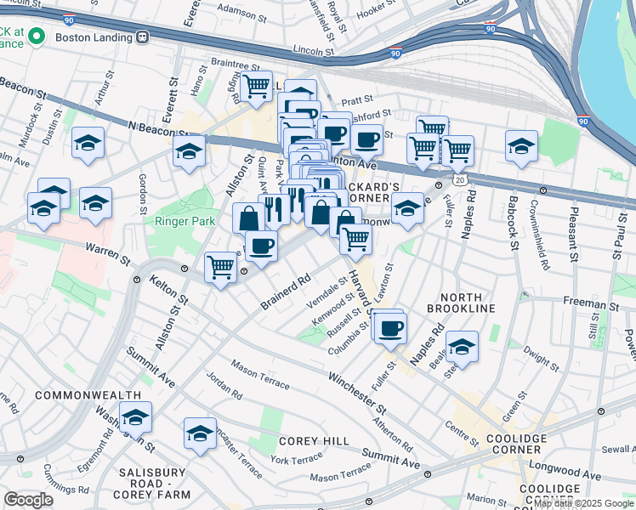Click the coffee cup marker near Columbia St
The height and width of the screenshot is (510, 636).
click(x=390, y=328)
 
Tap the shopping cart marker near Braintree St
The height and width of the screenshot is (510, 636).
click(x=255, y=87)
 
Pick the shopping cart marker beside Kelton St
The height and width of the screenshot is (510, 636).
click(x=221, y=267)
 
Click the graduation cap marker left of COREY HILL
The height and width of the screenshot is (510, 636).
click(x=201, y=433)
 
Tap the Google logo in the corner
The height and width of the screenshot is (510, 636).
click(x=29, y=499)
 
